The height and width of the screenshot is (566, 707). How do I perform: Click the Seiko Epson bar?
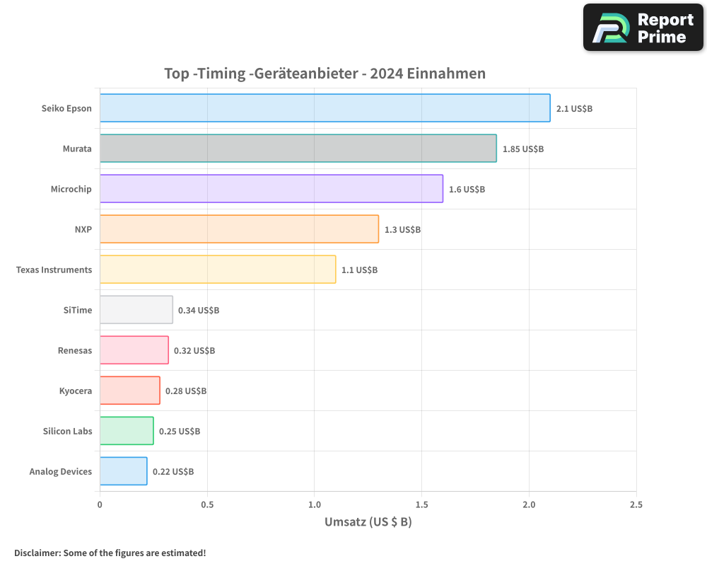pyautogui.click(x=325, y=108)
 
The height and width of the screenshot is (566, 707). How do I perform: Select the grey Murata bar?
pyautogui.click(x=298, y=149)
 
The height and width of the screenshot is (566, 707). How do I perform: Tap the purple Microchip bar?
pyautogui.click(x=271, y=189)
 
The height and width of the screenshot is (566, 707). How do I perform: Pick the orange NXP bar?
pyautogui.click(x=239, y=229)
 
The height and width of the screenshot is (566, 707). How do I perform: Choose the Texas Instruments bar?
pyautogui.click(x=217, y=270)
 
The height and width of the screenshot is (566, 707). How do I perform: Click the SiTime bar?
pyautogui.click(x=136, y=310)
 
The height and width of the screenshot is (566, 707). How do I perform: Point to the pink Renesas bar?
pyautogui.click(x=134, y=350)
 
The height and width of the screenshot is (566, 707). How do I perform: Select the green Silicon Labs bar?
pyautogui.click(x=127, y=431)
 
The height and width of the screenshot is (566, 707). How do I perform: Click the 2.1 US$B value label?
pyautogui.click(x=574, y=109)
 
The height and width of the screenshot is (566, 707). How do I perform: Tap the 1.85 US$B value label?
pyautogui.click(x=523, y=149)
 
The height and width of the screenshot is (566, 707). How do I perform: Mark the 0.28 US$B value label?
pyautogui.click(x=186, y=391)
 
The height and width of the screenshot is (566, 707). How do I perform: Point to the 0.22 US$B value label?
pyautogui.click(x=173, y=471)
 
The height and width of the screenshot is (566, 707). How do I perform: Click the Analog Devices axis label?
pyautogui.click(x=61, y=471)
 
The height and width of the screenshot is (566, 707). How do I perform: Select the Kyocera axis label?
pyautogui.click(x=76, y=391)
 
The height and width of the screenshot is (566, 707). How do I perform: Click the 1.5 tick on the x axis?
pyautogui.click(x=421, y=505)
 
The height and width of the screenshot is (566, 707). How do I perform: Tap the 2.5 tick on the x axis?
pyautogui.click(x=636, y=505)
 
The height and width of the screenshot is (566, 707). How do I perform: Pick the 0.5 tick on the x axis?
pyautogui.click(x=207, y=505)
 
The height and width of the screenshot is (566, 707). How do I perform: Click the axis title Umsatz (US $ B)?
pyautogui.click(x=368, y=523)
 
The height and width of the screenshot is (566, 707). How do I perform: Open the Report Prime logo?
pyautogui.click(x=643, y=28)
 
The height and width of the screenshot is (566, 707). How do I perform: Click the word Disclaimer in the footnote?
pyautogui.click(x=36, y=553)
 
